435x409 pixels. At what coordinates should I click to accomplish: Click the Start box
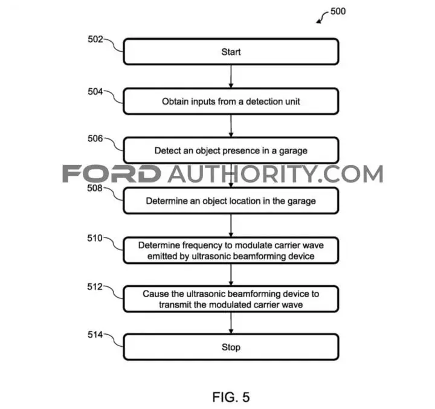click(231, 51)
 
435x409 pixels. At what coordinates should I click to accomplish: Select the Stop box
click(231, 347)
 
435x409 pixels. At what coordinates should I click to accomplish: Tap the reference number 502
click(95, 39)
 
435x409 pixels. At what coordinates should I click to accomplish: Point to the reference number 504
click(95, 92)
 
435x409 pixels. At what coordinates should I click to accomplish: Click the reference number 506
click(95, 138)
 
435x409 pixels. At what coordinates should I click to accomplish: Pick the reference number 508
click(95, 188)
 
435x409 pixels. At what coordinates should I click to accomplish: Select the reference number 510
click(95, 238)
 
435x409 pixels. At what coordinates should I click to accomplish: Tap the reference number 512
click(95, 286)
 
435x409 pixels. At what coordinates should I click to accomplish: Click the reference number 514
click(95, 335)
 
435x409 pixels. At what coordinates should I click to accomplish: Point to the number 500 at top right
click(338, 11)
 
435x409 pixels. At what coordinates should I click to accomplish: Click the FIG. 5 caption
click(231, 397)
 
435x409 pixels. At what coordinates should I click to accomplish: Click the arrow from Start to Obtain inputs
click(231, 77)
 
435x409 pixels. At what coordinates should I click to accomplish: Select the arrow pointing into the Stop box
click(231, 323)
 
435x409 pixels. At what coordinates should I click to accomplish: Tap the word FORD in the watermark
click(112, 174)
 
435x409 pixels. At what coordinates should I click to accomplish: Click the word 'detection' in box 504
click(265, 101)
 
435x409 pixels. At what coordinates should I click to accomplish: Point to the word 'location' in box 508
click(242, 201)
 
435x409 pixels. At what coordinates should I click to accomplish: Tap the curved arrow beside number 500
click(322, 17)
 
